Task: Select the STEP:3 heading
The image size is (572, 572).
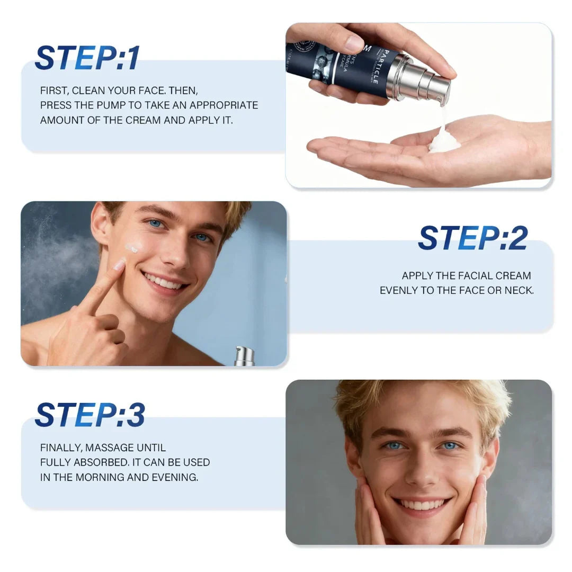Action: pos(90,415)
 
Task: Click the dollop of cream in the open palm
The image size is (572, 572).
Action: pos(444,142)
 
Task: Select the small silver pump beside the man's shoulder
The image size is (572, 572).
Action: pos(244,355)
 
